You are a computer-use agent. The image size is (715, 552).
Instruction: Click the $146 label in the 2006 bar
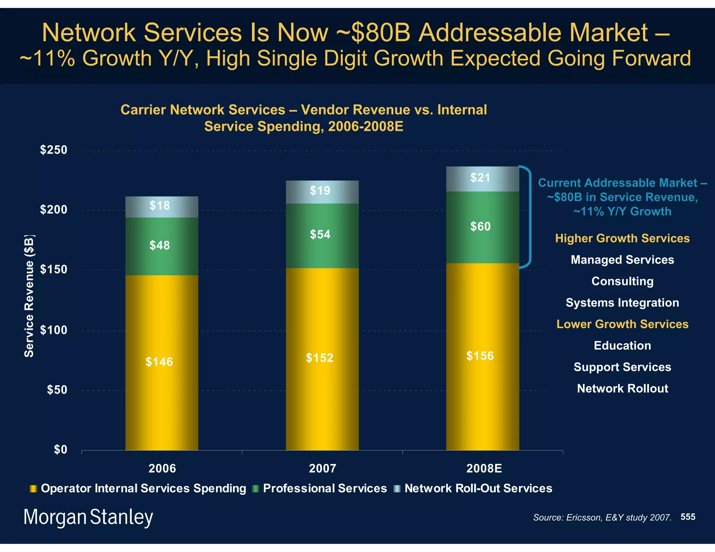(159, 362)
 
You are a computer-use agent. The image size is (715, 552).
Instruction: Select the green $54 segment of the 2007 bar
(322, 236)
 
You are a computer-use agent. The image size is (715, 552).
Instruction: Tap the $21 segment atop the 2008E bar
(482, 179)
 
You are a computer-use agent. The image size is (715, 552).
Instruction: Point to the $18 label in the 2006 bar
(160, 206)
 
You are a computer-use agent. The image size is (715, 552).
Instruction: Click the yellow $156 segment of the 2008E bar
(482, 356)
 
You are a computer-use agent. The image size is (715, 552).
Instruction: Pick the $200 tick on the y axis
(53, 210)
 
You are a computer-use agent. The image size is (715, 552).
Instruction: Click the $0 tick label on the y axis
(60, 449)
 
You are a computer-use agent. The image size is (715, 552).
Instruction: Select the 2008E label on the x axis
(484, 468)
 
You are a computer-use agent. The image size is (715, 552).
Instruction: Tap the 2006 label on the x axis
(162, 468)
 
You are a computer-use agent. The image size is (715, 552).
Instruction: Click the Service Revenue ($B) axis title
(29, 296)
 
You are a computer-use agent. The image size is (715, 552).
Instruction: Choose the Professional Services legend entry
(325, 488)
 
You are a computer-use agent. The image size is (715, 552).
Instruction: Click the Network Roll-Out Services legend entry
(478, 488)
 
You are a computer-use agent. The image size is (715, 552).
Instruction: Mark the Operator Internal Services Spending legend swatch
(33, 488)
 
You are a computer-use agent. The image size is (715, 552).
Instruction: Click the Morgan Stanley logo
(88, 517)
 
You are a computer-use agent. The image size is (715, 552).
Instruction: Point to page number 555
(687, 517)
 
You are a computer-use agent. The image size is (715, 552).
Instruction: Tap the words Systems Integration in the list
(622, 303)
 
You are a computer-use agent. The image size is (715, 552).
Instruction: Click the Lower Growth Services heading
(622, 324)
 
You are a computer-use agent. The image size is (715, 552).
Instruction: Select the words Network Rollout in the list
(622, 388)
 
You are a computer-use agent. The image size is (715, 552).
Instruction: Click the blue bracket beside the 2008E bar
(530, 216)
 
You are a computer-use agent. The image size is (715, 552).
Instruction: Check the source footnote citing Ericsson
(602, 517)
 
